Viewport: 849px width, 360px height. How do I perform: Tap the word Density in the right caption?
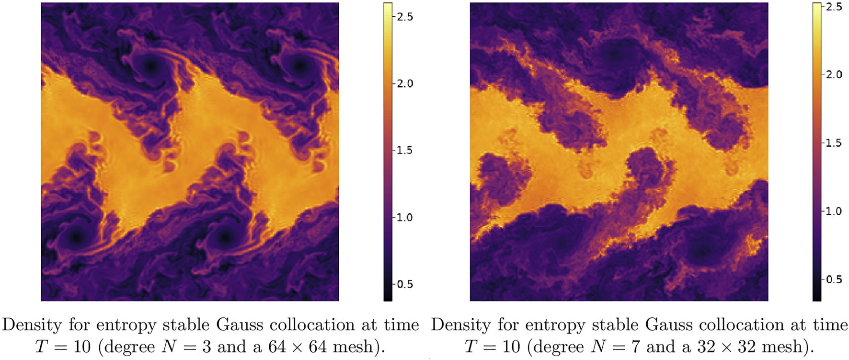[x=461, y=325]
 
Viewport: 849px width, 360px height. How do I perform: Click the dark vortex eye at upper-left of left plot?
[x=151, y=66]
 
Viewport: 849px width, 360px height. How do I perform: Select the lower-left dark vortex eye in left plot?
[x=76, y=237]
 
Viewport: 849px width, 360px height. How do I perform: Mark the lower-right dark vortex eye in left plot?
[x=225, y=237]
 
